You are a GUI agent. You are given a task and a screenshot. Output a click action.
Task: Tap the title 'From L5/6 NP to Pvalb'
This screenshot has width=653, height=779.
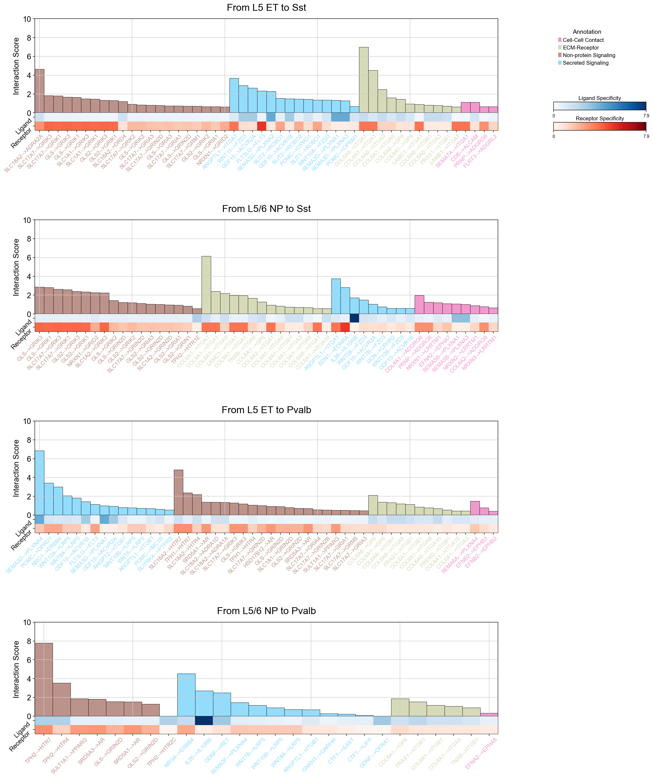tap(266, 611)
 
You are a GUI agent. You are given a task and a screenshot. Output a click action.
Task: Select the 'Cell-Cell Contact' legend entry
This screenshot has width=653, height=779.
tap(583, 40)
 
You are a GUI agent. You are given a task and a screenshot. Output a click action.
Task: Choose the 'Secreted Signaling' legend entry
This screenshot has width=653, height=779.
tap(585, 63)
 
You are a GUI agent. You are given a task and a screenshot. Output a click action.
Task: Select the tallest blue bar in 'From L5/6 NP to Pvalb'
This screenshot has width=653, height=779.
tap(186, 695)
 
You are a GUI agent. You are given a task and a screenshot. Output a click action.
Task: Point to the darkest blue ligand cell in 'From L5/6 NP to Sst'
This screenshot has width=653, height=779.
tap(354, 318)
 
